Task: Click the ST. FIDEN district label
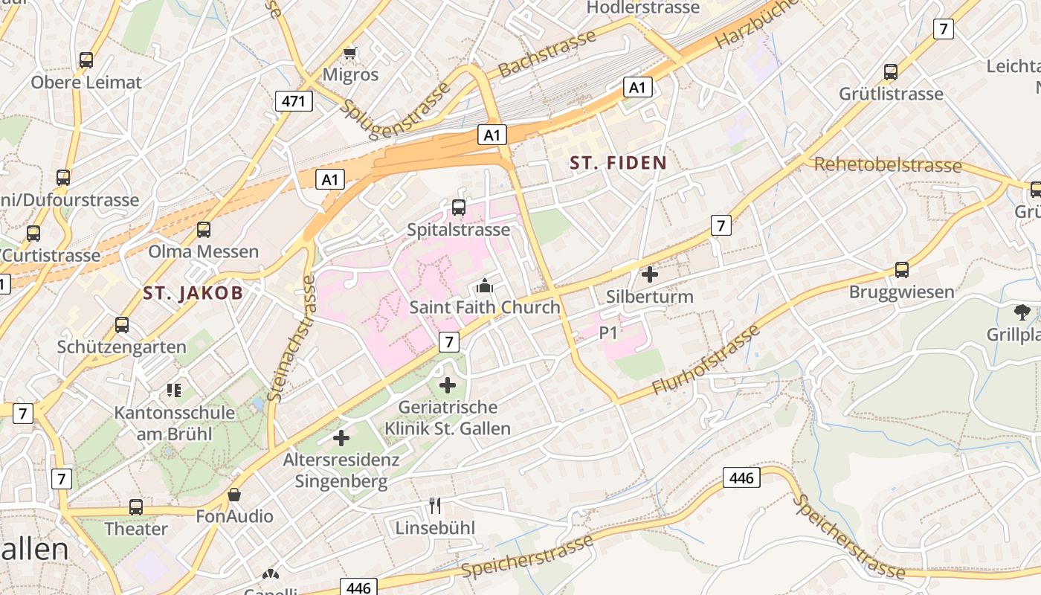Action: (x=618, y=162)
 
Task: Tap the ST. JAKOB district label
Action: (x=193, y=293)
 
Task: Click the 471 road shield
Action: (x=294, y=101)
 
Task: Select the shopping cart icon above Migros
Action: (x=350, y=53)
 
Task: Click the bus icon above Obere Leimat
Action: (x=86, y=60)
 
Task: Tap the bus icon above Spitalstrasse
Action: (x=459, y=208)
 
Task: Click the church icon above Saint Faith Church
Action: (x=485, y=285)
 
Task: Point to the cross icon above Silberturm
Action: (x=650, y=274)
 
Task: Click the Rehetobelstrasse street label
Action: (x=888, y=164)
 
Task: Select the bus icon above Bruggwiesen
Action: (x=902, y=269)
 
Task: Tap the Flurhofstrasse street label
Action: (x=706, y=361)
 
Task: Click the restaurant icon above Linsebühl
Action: (x=435, y=506)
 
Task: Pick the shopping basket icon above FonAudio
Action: (x=234, y=495)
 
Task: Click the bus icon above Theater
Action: (x=136, y=507)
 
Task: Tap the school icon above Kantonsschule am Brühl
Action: (x=174, y=390)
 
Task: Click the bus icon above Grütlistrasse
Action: (x=891, y=72)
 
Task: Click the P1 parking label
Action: (x=608, y=334)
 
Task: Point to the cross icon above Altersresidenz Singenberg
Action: (x=341, y=438)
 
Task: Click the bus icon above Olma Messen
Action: (x=204, y=230)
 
